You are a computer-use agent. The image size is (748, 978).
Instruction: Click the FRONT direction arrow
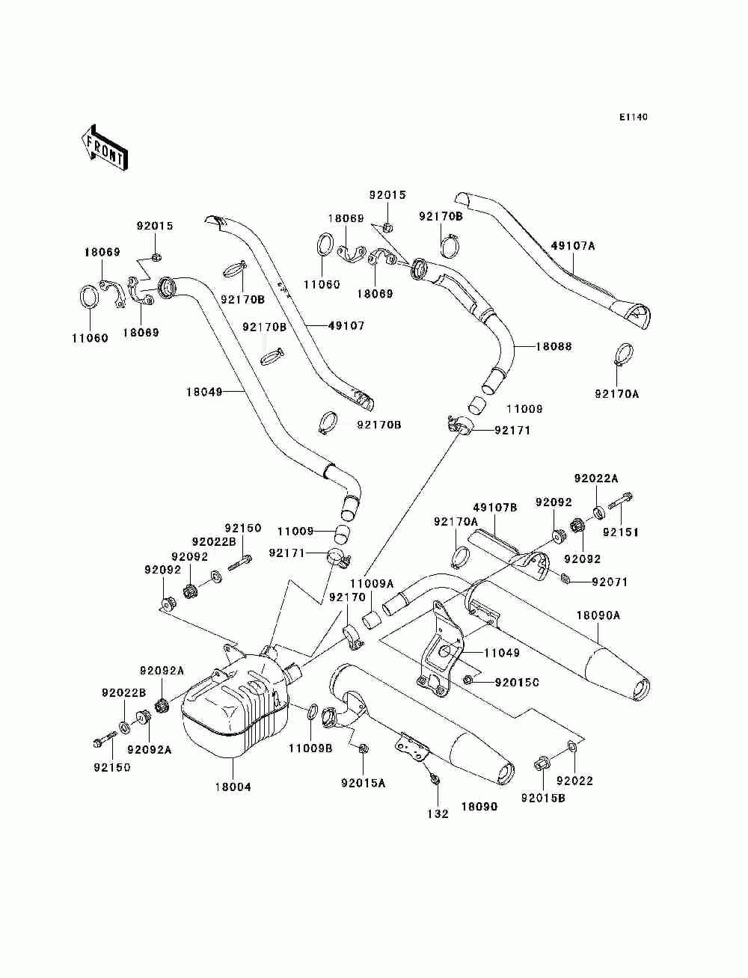[x=104, y=147]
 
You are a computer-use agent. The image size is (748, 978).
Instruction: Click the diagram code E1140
[x=633, y=117]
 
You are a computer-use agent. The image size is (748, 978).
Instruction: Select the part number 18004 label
[x=234, y=787]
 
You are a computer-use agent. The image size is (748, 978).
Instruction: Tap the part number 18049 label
[x=204, y=390]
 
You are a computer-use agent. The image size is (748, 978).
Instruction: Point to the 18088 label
[x=554, y=347]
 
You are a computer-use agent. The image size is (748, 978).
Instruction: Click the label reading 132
[x=438, y=814]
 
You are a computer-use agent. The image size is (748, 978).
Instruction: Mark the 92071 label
[x=610, y=582]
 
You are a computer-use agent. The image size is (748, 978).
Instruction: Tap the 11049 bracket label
[x=501, y=653]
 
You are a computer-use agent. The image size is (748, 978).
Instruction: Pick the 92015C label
[x=517, y=682]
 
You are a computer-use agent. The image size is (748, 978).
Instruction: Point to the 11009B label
[x=308, y=747]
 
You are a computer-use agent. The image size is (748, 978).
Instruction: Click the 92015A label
[x=363, y=783]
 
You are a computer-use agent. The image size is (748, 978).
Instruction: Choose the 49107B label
[x=495, y=508]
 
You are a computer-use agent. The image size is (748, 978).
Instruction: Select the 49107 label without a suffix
[x=346, y=325]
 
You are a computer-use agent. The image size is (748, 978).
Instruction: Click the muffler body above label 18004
[x=232, y=707]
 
